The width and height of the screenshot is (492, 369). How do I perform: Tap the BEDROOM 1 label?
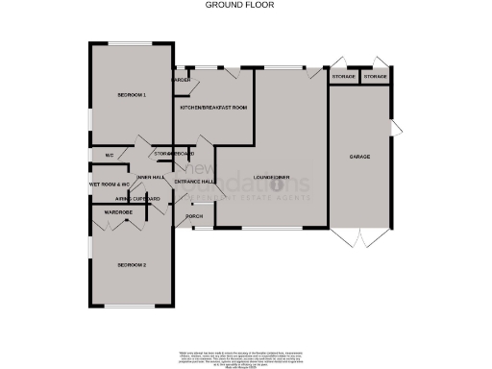(x=132, y=95)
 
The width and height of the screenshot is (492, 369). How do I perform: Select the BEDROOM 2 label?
(x=132, y=263)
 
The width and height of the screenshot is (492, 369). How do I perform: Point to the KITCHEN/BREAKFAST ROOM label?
(x=213, y=108)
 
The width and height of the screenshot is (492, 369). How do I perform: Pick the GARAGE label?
(x=359, y=157)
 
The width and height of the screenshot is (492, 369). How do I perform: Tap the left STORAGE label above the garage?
(x=343, y=76)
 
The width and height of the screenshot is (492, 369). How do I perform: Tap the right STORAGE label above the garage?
(x=375, y=76)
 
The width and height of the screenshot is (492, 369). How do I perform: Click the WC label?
(x=109, y=154)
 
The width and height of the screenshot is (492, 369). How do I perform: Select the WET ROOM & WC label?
(x=109, y=182)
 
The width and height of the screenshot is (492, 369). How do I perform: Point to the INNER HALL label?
(x=151, y=177)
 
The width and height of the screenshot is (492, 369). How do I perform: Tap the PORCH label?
(x=194, y=218)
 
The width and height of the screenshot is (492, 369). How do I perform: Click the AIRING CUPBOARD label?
(x=124, y=198)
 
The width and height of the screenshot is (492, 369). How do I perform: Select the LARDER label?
(x=182, y=80)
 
